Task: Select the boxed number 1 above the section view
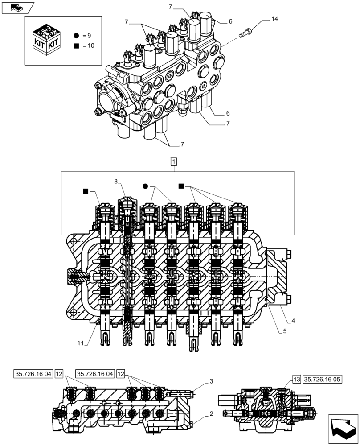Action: [174, 161]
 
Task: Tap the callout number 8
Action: [116, 182]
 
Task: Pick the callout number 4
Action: [294, 320]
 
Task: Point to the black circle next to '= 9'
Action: [77, 35]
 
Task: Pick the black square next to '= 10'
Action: [77, 45]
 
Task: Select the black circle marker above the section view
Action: [145, 186]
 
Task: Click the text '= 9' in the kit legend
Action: [86, 35]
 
